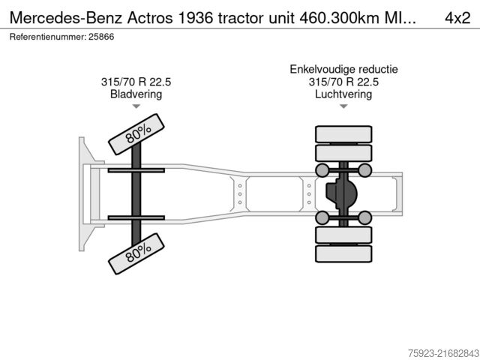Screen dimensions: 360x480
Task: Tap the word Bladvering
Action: (x=136, y=94)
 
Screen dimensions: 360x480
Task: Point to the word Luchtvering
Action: (x=343, y=94)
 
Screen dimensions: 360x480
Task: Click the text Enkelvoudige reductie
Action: (x=343, y=69)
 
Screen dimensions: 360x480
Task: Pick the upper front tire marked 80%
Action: (x=136, y=134)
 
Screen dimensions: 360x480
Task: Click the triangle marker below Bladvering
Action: (x=136, y=107)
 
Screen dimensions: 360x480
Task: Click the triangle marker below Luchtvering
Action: (x=343, y=107)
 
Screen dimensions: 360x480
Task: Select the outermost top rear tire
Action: (x=343, y=135)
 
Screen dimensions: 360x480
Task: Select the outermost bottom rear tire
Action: (x=343, y=254)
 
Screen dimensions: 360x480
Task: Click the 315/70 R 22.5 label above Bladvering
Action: (x=136, y=82)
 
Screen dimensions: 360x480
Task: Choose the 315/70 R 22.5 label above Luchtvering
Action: (x=343, y=82)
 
